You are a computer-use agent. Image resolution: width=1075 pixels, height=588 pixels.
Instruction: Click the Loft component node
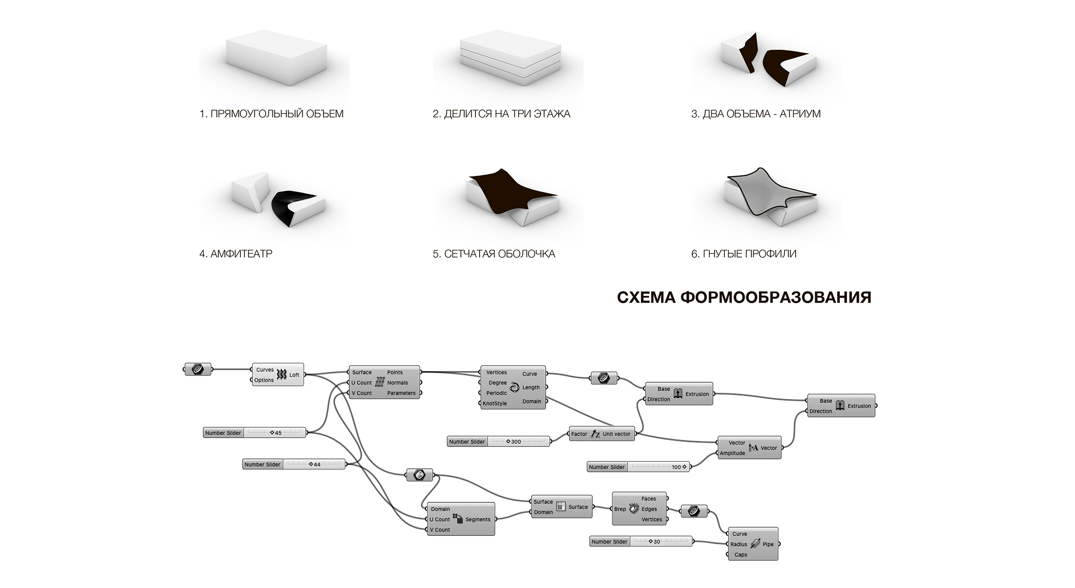pyautogui.click(x=278, y=375)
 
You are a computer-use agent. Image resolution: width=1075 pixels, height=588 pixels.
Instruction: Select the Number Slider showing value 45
pyautogui.click(x=255, y=433)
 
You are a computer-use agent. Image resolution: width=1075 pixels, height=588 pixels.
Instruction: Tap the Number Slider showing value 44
pyautogui.click(x=294, y=465)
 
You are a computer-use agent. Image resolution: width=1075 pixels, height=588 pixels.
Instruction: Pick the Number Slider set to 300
pyautogui.click(x=498, y=442)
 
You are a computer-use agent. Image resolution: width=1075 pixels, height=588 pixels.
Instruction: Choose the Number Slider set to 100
pyautogui.click(x=638, y=467)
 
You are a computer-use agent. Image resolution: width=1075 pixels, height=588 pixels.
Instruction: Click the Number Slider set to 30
pyautogui.click(x=641, y=542)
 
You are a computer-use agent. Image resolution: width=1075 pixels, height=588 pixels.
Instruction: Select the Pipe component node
pyautogui.click(x=753, y=544)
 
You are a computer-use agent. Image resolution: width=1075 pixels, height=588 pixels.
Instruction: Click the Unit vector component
pyautogui.click(x=602, y=434)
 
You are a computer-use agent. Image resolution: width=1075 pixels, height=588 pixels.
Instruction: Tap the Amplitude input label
pyautogui.click(x=732, y=453)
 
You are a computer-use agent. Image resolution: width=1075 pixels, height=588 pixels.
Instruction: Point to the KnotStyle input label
pyautogui.click(x=494, y=404)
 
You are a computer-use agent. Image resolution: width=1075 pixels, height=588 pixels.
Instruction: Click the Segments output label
pyautogui.click(x=478, y=520)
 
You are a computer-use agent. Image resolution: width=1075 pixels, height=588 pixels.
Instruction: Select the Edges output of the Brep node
pyautogui.click(x=649, y=509)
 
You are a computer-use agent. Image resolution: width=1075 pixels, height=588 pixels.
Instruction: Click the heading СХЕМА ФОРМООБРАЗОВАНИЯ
pyautogui.click(x=744, y=297)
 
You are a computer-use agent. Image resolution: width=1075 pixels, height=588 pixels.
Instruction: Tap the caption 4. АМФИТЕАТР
pyautogui.click(x=236, y=254)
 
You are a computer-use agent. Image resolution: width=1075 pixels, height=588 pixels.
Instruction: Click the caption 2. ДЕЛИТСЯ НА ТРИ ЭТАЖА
pyautogui.click(x=501, y=114)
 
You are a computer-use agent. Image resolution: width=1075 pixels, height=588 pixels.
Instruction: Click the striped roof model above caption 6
pyautogui.click(x=771, y=196)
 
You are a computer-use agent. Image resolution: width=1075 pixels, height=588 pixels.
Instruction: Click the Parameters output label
pyautogui.click(x=401, y=393)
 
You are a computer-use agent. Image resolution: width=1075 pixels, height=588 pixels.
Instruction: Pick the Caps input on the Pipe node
pyautogui.click(x=740, y=555)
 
